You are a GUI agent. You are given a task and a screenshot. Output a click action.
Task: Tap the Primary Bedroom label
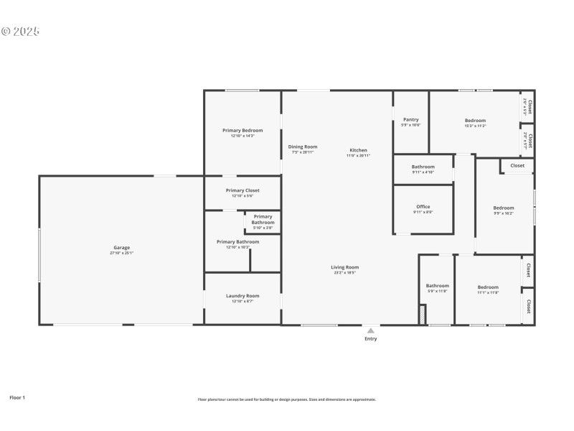243,131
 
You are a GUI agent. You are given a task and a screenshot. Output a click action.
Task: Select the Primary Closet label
243,190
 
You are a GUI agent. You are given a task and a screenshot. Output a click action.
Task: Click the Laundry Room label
243,296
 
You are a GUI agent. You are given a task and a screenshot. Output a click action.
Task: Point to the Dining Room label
303,147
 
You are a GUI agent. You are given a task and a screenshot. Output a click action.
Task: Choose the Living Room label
345,267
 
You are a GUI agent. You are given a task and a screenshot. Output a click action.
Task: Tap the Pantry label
410,120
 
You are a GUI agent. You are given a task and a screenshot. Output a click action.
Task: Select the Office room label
423,207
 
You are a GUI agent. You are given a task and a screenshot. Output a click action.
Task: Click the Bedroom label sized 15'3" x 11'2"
475,121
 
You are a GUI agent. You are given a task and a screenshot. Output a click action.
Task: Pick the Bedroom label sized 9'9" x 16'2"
503,208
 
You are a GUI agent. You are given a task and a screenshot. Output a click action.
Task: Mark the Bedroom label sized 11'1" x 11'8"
488,287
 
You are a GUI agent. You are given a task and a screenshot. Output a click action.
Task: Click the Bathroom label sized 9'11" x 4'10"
423,167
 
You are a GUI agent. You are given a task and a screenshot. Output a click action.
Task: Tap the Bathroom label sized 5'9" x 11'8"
437,286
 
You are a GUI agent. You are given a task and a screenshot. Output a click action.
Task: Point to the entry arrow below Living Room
370,330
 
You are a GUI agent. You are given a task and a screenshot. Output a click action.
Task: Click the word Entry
370,339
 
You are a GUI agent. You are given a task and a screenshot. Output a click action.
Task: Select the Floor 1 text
17,397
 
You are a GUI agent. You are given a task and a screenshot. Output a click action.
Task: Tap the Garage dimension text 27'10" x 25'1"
121,253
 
